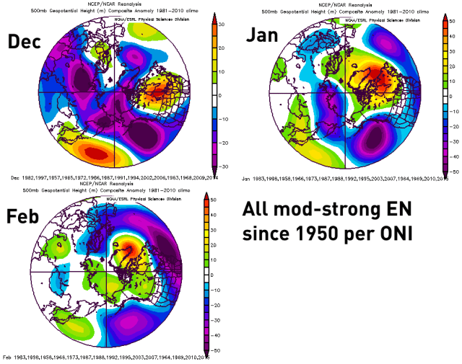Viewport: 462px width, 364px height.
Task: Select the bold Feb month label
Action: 26,217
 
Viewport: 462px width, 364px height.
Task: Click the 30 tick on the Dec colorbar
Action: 224,25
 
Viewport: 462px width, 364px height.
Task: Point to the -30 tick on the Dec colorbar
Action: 223,165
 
